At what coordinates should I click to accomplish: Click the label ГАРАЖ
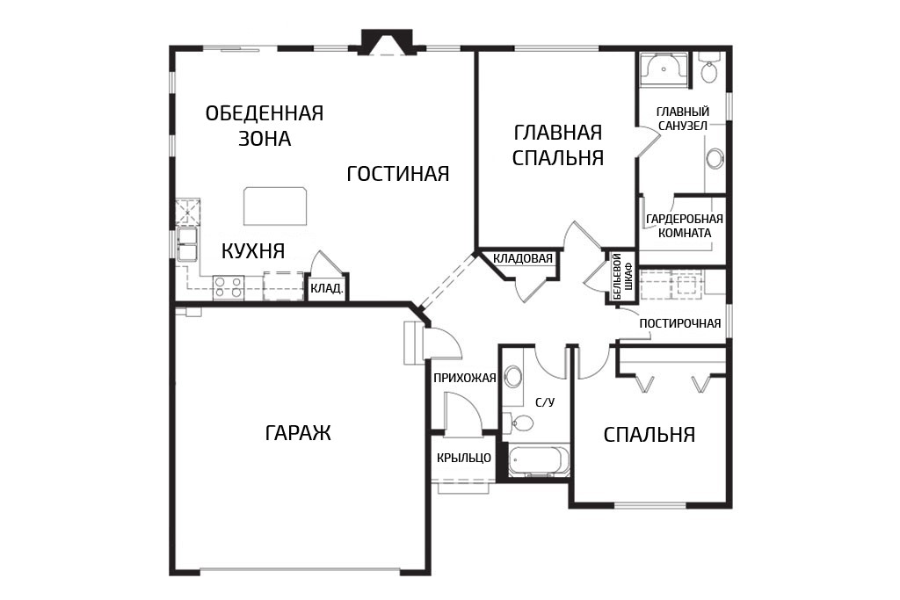(299, 432)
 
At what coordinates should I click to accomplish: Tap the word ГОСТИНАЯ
(398, 173)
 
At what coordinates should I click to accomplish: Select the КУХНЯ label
(253, 250)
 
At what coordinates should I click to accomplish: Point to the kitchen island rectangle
(275, 206)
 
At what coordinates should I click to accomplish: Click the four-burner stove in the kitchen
(229, 286)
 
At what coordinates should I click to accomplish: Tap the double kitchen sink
(186, 244)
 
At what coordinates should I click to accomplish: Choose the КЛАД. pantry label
(327, 288)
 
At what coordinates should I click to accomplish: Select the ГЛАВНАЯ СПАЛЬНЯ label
(557, 145)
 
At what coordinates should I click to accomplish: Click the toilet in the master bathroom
(709, 67)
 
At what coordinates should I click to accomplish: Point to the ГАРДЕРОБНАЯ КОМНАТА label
(684, 226)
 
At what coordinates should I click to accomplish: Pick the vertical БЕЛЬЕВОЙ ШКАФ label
(622, 277)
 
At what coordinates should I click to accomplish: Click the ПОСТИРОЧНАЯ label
(679, 323)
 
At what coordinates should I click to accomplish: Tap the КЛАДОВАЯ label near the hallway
(523, 258)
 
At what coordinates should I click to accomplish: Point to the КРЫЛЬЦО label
(464, 458)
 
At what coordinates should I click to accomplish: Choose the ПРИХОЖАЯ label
(464, 378)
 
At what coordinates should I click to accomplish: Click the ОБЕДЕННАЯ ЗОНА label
(265, 125)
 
